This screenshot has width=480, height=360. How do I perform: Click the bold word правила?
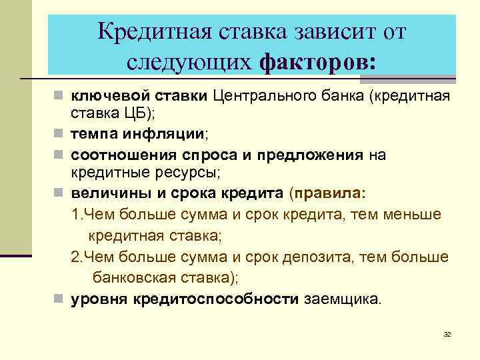(x=329, y=193)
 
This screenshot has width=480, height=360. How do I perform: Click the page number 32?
(x=447, y=334)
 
